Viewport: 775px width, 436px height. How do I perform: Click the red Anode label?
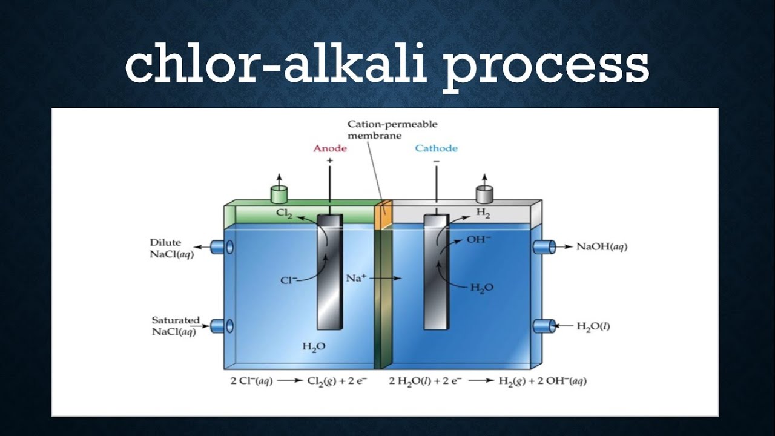330,148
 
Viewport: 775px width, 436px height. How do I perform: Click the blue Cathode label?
436,148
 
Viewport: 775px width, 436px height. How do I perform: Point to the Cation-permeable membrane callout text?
392,130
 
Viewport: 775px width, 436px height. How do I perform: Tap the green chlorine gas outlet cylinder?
279,194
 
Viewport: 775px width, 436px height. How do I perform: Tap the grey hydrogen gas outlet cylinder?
484,194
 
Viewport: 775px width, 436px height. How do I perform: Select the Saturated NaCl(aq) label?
174,325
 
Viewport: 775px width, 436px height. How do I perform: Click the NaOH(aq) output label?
601,247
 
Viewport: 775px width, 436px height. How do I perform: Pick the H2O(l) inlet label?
593,326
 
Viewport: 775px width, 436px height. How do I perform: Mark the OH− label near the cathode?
478,239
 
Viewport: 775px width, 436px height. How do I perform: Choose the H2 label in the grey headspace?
483,213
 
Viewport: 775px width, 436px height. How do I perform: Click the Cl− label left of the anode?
288,280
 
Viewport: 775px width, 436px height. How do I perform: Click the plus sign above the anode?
330,161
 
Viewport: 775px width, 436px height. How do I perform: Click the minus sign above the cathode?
436,162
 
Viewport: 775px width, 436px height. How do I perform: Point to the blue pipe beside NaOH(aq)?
544,246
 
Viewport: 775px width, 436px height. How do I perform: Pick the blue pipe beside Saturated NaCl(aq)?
220,326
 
